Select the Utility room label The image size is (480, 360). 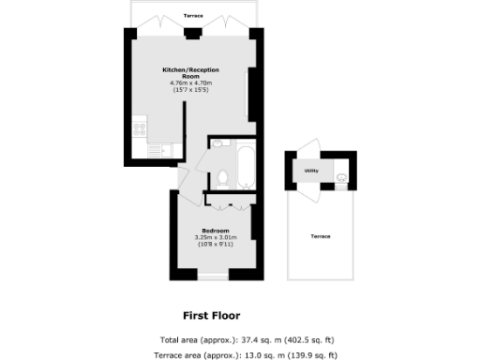pos(311,171)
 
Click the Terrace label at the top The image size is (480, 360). pos(193,17)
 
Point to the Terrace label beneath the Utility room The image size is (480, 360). pos(321,235)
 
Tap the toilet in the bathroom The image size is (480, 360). pos(222,177)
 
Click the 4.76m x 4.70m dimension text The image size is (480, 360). pos(191,83)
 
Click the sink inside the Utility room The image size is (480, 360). pos(342,174)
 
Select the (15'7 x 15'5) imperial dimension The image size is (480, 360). pos(191,90)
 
